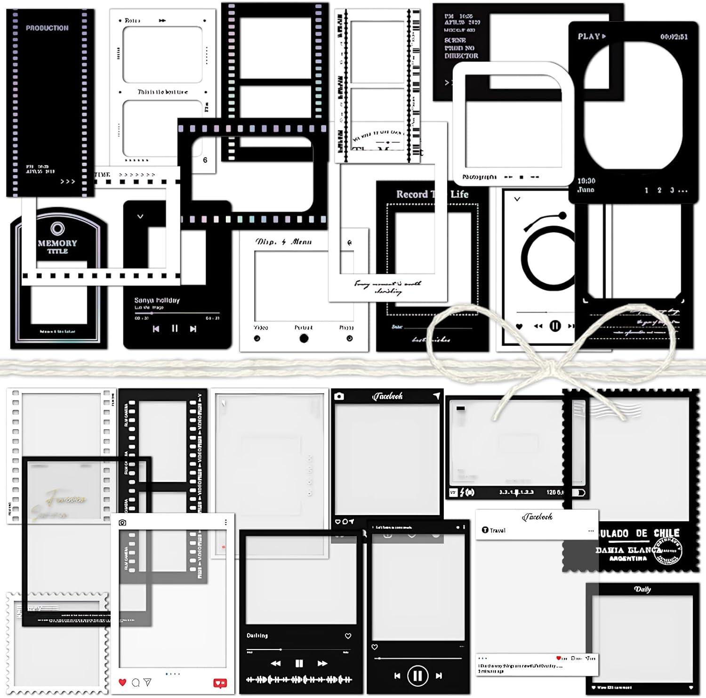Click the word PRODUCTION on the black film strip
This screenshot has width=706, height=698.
(x=47, y=28)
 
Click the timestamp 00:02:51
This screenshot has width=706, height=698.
(x=674, y=37)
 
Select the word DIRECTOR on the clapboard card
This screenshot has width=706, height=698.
(x=461, y=56)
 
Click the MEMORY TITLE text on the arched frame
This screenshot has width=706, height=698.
(x=57, y=247)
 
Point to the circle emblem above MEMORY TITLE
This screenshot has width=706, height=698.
(x=57, y=229)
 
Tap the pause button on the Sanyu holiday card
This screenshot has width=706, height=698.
(x=175, y=329)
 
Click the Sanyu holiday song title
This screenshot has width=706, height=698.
(x=157, y=300)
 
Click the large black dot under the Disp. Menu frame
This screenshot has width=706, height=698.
(x=304, y=338)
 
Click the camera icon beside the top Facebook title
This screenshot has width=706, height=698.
(x=339, y=396)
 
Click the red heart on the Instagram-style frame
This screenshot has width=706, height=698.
(x=122, y=682)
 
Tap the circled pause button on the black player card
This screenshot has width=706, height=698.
(x=417, y=676)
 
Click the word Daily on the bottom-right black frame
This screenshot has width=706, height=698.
(x=642, y=589)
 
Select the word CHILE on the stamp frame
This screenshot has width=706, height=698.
(x=666, y=533)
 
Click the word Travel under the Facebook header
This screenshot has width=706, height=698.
(x=497, y=530)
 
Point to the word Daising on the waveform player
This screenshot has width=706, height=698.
(x=257, y=635)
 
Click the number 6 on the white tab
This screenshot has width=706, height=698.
(x=205, y=160)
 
